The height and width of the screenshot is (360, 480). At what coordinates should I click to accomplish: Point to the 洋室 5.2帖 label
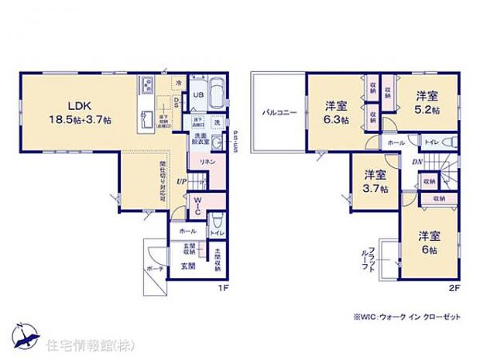click(427, 103)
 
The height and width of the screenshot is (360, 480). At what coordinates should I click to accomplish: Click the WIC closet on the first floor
click(197, 205)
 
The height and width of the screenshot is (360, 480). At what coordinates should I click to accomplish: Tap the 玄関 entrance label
click(188, 266)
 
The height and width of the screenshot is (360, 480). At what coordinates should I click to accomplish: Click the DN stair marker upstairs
click(417, 162)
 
